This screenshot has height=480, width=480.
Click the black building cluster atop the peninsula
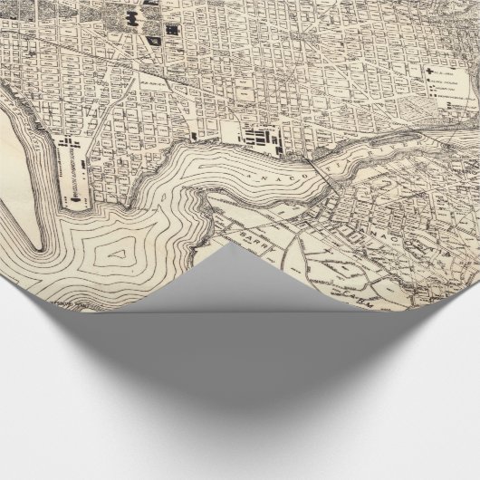pyautogui.click(x=67, y=144)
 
